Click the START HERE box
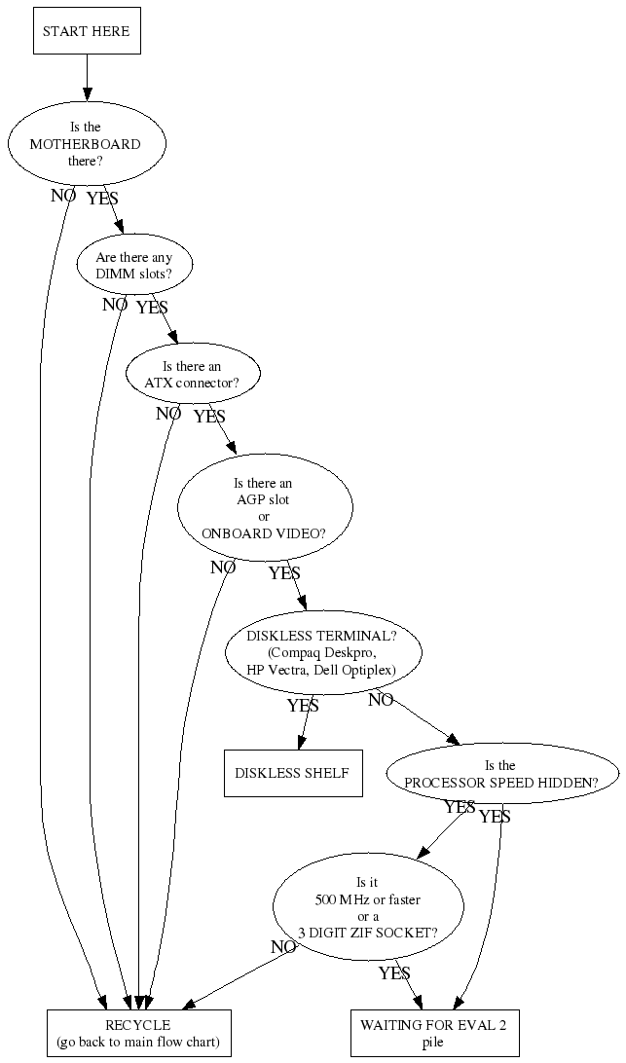coord(86,31)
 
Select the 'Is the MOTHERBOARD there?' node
coord(86,144)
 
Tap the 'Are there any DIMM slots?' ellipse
coord(134,266)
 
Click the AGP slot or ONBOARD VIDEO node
coord(264,508)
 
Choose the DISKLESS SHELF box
coord(292,774)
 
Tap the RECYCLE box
coord(138,1033)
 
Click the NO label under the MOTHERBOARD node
coord(63,195)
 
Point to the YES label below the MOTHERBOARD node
coord(102,199)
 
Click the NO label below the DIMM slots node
coord(115,305)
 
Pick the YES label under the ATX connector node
coord(209,417)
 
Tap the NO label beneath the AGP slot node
coord(223,568)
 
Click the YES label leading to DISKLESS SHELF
coord(303,705)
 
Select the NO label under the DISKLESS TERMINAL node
coord(381,700)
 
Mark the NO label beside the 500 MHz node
coord(283,946)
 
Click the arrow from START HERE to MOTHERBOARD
coord(87,75)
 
